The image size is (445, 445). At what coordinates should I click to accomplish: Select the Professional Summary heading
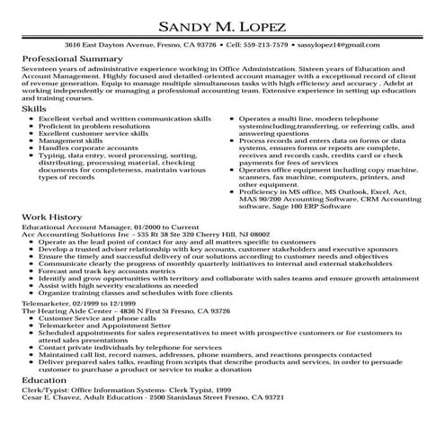72,57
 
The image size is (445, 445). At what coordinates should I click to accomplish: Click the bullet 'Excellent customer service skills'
93,133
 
